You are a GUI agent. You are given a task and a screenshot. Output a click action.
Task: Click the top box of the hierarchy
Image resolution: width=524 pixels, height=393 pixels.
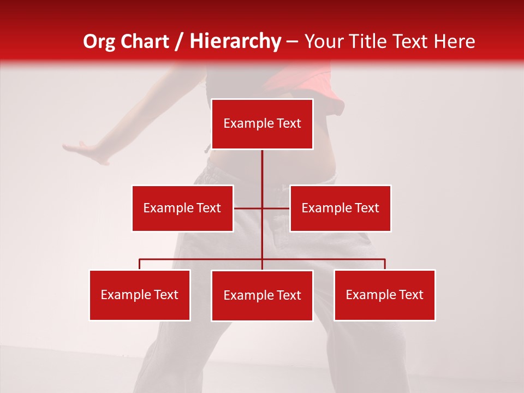262,124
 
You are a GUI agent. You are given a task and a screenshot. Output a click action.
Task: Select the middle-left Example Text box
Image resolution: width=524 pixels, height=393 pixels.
182,208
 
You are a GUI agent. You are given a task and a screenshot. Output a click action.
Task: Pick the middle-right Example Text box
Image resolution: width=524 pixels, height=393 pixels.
340,208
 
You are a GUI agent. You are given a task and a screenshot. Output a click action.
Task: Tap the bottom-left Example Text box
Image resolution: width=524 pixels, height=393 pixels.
140,295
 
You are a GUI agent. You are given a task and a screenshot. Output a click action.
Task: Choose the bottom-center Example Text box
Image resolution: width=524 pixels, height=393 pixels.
262,295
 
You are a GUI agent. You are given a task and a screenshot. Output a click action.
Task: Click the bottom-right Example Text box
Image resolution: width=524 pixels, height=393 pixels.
384,295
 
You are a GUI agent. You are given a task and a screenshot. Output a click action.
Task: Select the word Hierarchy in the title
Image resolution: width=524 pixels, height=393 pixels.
235,41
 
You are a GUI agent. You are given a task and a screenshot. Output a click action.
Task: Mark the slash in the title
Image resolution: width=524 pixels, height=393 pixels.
179,42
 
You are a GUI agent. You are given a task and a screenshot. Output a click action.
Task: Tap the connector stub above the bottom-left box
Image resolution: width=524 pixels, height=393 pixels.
140,264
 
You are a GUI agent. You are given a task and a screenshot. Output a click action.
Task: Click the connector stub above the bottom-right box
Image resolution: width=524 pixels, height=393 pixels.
385,264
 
